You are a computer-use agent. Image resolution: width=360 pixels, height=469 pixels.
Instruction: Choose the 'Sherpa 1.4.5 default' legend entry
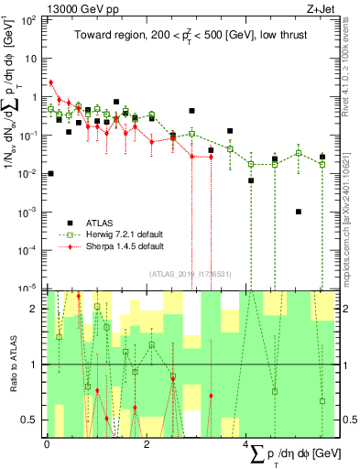coord(119,246)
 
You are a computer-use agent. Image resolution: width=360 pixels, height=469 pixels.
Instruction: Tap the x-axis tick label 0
coord(47,443)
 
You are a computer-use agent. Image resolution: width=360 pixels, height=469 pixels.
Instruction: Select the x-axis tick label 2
coord(147,443)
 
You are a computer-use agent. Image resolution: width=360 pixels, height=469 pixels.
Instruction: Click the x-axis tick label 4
coord(247,443)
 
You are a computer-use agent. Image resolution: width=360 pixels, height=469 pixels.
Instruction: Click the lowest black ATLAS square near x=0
coord(50,173)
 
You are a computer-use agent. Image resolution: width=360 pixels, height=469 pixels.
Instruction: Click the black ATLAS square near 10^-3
coord(299,212)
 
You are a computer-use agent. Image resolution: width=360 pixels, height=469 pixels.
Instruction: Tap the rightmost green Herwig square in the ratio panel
coord(322,401)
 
